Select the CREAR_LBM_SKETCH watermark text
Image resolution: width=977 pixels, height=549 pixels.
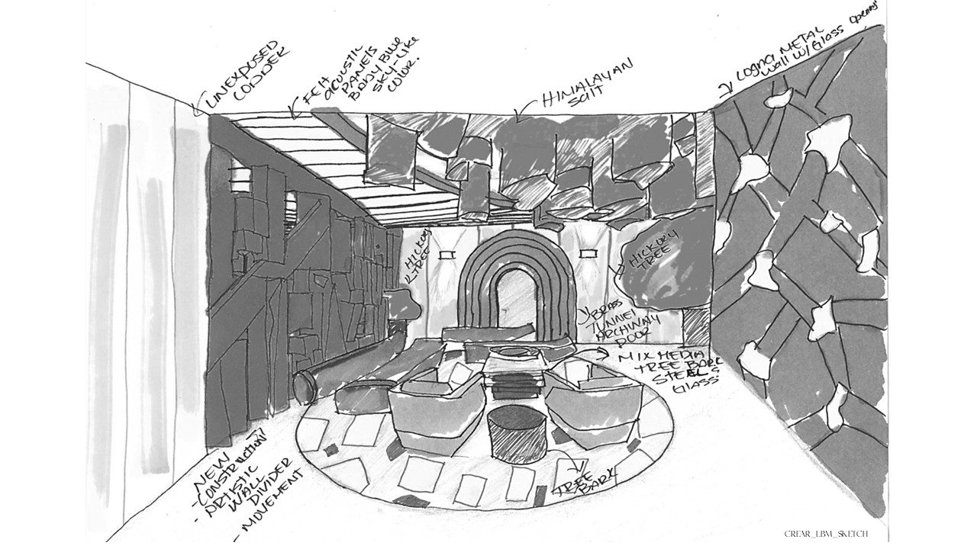tap(826, 534)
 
